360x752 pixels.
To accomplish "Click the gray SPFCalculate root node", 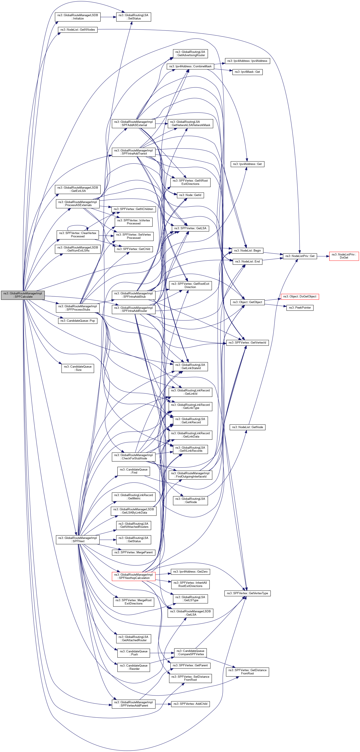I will pos(23,295).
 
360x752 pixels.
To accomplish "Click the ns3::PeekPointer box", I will pos(300,307).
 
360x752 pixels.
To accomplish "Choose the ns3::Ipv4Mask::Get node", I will pos(247,72).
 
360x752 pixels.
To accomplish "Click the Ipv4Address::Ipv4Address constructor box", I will pos(247,61).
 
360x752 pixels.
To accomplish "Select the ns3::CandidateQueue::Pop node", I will pos(77,321).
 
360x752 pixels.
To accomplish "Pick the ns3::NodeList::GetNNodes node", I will pos(77,30).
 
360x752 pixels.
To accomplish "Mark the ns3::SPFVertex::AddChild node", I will pos(190,704).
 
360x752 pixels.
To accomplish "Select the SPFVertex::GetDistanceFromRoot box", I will pos(247,672).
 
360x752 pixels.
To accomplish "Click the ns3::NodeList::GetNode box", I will pos(247,427).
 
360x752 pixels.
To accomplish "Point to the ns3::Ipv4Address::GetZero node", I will pos(190,571).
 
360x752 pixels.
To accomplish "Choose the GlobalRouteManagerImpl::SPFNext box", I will pos(77,540).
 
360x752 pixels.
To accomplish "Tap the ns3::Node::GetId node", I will pos(190,195).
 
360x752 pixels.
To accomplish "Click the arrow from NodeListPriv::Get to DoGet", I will pos(323,256).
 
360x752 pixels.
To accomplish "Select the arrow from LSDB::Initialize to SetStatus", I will pos(108,17).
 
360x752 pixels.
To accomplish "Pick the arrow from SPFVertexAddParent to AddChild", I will pos(163,704).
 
